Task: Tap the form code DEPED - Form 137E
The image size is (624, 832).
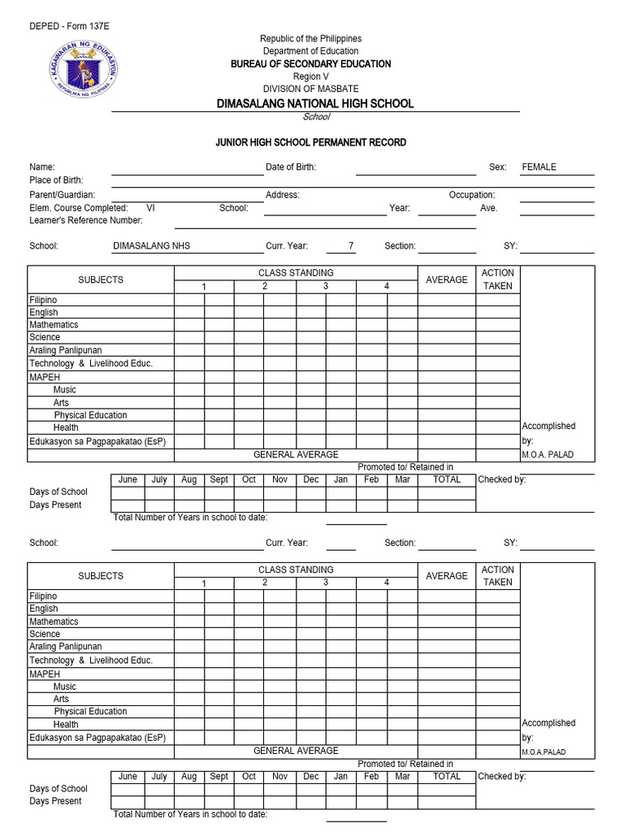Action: [69, 26]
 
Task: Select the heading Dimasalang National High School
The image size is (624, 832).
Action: [314, 103]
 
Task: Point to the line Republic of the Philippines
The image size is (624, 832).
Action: [310, 39]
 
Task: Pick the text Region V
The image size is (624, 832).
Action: [311, 76]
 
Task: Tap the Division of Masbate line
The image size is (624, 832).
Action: [310, 89]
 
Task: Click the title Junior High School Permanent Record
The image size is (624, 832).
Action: [310, 142]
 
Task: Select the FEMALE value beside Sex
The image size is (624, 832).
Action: [539, 167]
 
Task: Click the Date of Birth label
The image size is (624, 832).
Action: [291, 167]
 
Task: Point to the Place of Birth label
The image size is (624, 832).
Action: [56, 180]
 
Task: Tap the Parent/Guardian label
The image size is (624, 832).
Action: [62, 195]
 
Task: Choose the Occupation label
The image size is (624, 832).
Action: [472, 195]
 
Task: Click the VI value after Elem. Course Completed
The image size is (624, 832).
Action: [150, 208]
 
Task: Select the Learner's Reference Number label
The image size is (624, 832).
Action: [85, 220]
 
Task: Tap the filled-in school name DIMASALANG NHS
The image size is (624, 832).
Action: [151, 246]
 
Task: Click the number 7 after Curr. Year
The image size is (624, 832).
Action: [351, 246]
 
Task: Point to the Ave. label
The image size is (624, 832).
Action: [488, 208]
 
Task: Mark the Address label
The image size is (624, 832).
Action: [283, 195]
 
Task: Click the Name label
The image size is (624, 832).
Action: [42, 167]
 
